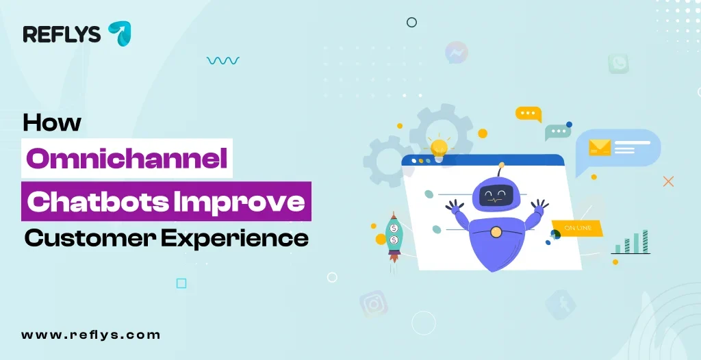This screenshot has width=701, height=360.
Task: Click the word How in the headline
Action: tap(52, 123)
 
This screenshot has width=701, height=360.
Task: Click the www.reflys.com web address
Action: tap(91, 335)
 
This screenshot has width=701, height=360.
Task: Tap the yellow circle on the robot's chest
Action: tap(496, 233)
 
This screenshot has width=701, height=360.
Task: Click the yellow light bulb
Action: tap(439, 145)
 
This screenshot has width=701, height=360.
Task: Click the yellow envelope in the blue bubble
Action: tap(600, 147)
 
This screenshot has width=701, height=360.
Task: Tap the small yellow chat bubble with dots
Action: tap(528, 114)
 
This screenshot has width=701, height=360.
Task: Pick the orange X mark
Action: tap(669, 181)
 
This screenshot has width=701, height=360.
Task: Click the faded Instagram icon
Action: tap(374, 303)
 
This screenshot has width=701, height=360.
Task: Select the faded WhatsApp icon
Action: tap(618, 64)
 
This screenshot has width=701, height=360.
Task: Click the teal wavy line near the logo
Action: tap(222, 61)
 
